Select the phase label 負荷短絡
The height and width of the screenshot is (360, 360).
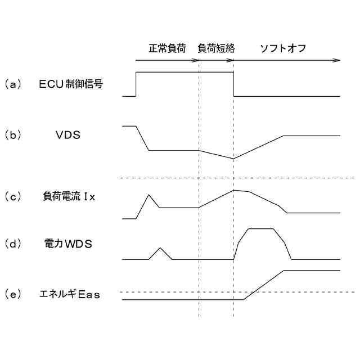point(217,48)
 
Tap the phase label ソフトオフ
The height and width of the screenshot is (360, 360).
point(282,48)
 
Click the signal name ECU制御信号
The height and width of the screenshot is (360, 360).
point(71,84)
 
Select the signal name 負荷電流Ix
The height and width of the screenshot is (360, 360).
point(70,197)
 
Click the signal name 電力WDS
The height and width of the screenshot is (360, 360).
point(67,245)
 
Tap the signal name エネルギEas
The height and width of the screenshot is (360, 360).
point(70,294)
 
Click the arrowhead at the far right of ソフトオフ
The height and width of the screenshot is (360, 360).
point(337,60)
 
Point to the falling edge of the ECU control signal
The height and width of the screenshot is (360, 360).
point(233,84)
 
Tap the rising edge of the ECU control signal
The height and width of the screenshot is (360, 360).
point(136,84)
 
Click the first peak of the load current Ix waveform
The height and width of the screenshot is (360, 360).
point(148,195)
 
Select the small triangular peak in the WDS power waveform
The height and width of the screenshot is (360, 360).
point(161,248)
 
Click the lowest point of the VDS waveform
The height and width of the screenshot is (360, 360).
point(233,159)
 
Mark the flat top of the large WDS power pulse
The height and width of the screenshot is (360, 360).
point(260,229)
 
